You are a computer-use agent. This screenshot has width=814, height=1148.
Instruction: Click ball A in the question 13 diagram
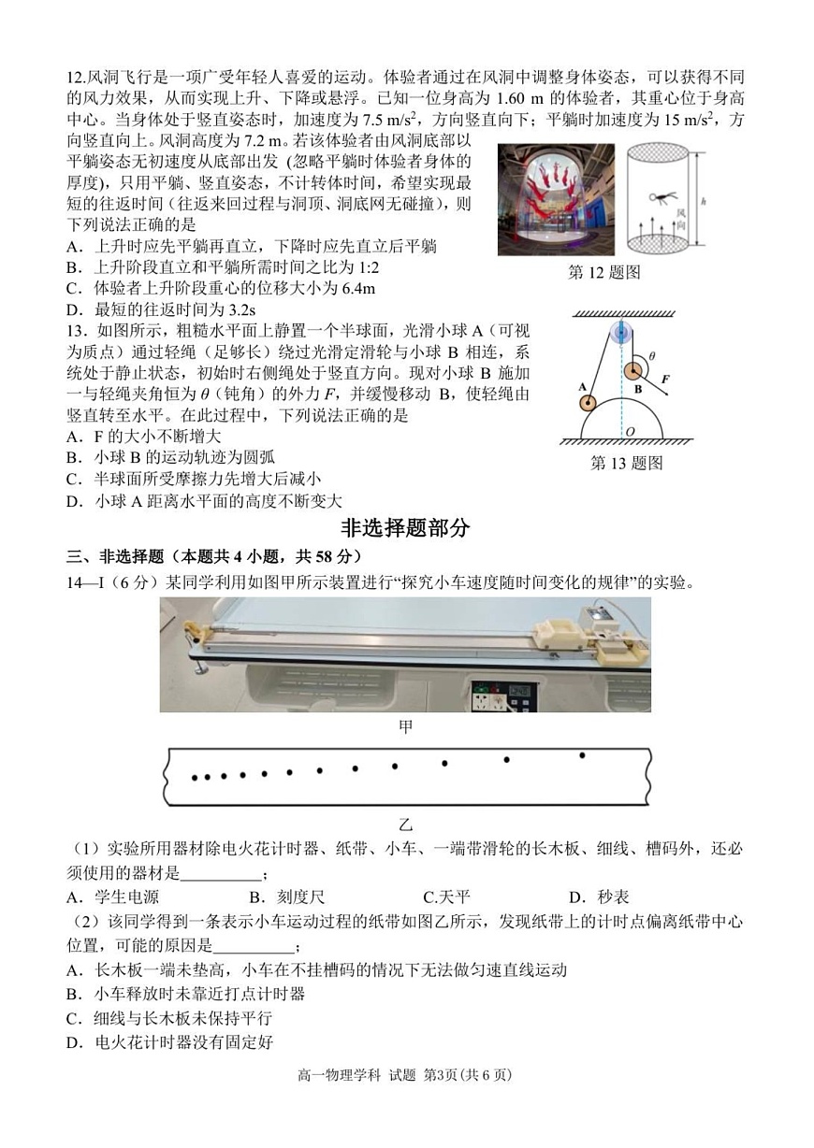(x=587, y=403)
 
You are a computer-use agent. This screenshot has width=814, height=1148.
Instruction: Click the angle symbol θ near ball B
(x=652, y=356)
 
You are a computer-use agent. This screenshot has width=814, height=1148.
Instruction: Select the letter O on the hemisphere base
(x=630, y=432)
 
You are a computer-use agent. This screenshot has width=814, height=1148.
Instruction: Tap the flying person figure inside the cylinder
(x=660, y=198)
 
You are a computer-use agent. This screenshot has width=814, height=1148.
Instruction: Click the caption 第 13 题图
(x=626, y=463)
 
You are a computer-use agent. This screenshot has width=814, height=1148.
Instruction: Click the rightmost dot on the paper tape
(x=582, y=754)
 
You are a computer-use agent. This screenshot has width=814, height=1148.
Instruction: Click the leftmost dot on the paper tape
(x=194, y=778)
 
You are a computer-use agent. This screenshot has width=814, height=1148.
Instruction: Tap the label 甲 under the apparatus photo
(x=405, y=725)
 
